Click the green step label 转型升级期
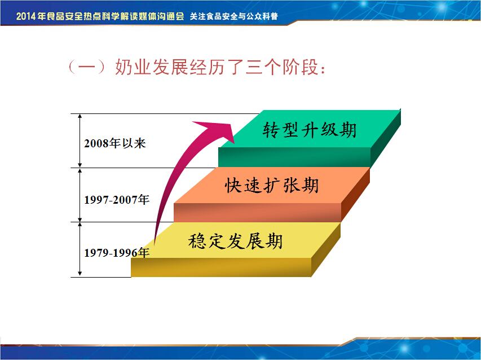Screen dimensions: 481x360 309,130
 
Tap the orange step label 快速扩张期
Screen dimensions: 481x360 272,186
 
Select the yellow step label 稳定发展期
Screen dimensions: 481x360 235,241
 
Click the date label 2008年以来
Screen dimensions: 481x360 114,143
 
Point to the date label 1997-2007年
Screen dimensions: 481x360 117,200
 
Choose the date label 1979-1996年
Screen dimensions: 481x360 117,253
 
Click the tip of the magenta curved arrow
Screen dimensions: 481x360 234,143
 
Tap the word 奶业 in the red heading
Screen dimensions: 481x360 134,67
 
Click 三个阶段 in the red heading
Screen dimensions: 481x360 281,67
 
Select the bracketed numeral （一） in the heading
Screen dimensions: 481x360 87,67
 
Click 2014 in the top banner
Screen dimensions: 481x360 27,16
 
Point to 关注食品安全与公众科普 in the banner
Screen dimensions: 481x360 234,16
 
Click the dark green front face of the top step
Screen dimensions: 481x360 294,157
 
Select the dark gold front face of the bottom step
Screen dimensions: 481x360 221,267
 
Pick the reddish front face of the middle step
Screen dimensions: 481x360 257,212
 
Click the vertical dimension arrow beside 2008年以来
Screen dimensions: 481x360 80,141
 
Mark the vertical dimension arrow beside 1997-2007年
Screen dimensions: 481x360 80,195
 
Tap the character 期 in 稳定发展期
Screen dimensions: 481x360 274,241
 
